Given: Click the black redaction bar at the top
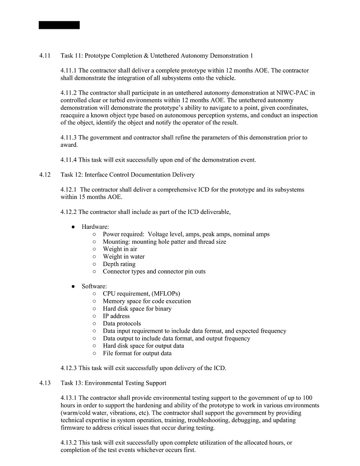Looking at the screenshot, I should (59, 25).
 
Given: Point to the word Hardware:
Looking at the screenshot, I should (95, 226).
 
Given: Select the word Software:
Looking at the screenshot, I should (94, 286).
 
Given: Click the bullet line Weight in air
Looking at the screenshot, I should (120, 249).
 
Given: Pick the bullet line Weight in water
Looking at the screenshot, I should (124, 256).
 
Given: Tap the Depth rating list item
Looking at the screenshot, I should (119, 264).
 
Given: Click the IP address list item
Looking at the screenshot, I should (116, 316).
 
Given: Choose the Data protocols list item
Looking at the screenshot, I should (122, 323).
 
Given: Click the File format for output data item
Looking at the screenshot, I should (137, 353).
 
